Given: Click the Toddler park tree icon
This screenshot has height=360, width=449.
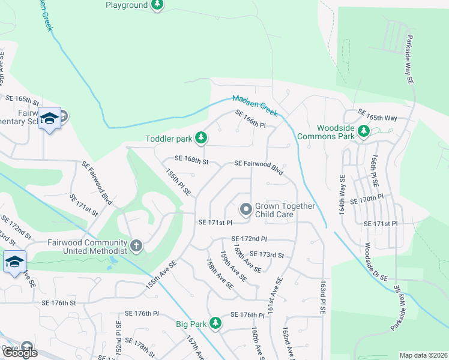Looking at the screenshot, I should (202, 139).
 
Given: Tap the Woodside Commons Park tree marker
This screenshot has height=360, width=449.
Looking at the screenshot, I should (363, 131).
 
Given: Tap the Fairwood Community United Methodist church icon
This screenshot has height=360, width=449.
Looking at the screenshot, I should (136, 246).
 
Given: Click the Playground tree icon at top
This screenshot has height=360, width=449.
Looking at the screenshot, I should (157, 5).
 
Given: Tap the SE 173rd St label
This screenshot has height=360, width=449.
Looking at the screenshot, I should (267, 255).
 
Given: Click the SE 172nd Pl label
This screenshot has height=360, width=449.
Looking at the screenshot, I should (249, 239).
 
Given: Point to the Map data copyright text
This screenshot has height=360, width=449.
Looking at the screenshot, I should (423, 355).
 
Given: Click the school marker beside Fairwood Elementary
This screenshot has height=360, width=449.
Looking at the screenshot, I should (49, 119).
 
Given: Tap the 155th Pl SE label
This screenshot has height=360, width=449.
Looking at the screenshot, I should (178, 181).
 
